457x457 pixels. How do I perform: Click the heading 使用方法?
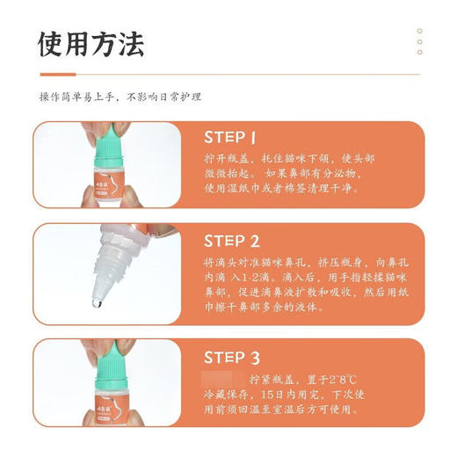tap(91, 42)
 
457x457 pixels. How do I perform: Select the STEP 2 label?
tap(231, 241)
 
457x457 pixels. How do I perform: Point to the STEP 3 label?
tap(231, 357)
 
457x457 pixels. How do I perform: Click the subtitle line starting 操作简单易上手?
tap(120, 97)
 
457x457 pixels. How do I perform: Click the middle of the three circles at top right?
tap(419, 41)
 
